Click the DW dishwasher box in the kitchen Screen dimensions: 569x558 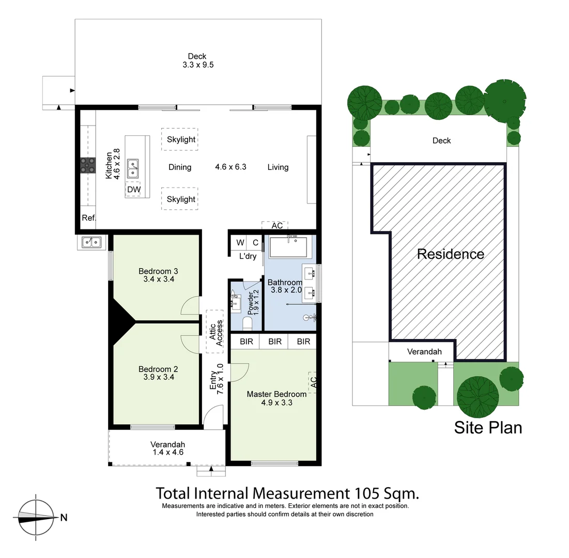tap(133, 190)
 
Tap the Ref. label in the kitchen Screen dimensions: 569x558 tap(89, 218)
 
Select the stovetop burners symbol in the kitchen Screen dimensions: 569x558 tap(87, 165)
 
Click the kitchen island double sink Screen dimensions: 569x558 tap(133, 168)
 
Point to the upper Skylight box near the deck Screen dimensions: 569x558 tap(181, 139)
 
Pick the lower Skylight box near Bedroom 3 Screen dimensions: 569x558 tap(181, 199)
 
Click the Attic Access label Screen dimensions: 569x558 tap(216, 332)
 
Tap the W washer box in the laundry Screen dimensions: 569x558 tap(240, 243)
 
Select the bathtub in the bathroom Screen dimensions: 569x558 tap(289, 247)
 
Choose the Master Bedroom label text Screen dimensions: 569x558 tap(276, 394)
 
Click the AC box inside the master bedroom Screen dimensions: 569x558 tap(313, 382)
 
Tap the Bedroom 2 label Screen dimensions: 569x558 tap(158, 369)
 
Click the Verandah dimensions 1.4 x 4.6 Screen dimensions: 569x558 tap(167, 452)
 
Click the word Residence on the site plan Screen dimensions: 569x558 tap(450, 254)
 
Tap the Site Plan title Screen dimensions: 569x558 tap(488, 427)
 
